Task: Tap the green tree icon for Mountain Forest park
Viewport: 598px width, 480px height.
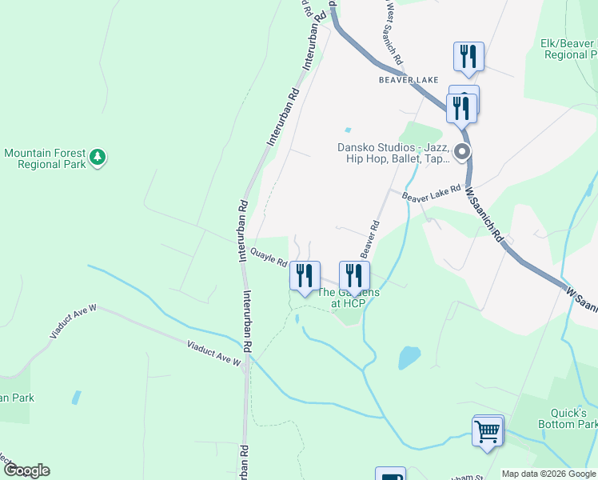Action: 98,157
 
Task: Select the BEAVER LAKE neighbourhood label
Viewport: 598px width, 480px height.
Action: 405,80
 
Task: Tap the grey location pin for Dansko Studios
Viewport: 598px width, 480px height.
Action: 462,152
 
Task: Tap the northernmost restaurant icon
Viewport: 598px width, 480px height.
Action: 468,57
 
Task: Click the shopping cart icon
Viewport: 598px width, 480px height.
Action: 488,430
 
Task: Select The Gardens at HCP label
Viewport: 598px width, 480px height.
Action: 348,298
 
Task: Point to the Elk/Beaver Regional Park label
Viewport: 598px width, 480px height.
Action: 569,49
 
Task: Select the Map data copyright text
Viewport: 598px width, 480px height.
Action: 548,474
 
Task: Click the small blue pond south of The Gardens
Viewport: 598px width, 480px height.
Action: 409,356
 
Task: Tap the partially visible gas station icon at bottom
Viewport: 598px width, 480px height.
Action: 390,474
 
